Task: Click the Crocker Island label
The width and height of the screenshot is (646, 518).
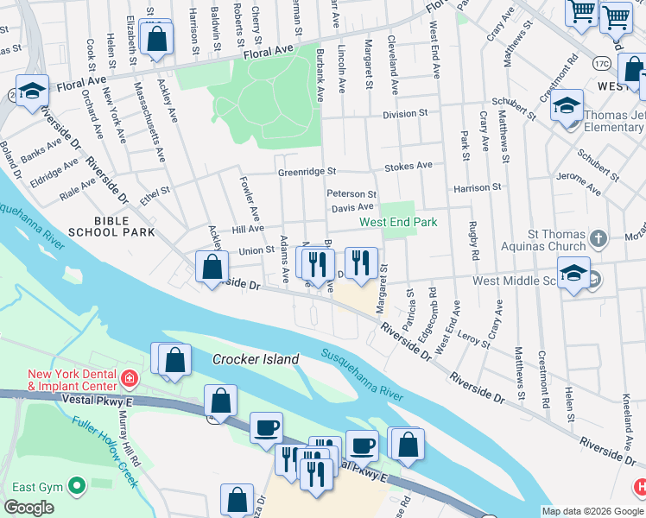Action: pos(256,359)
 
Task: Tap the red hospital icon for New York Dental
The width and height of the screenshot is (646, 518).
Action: pos(129,378)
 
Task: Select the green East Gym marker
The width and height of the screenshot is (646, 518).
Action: pos(76,487)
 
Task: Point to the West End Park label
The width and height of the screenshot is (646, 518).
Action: pos(398,222)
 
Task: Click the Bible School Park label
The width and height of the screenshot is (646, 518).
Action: pos(124,226)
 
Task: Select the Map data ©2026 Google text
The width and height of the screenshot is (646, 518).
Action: pos(592,511)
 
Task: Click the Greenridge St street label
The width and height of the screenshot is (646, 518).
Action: pos(306,173)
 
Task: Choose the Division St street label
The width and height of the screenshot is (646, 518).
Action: pos(406,113)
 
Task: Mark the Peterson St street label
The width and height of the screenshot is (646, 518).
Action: pos(351,194)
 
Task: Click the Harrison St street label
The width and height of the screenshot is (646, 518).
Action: pos(478,186)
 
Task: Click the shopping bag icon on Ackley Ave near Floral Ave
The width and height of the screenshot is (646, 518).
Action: pos(156,37)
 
